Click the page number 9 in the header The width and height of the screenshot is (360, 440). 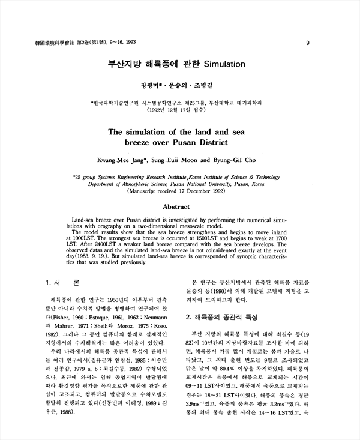click(307, 43)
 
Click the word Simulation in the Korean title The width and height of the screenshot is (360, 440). click(226, 62)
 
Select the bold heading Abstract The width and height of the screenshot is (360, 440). click(181, 206)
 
